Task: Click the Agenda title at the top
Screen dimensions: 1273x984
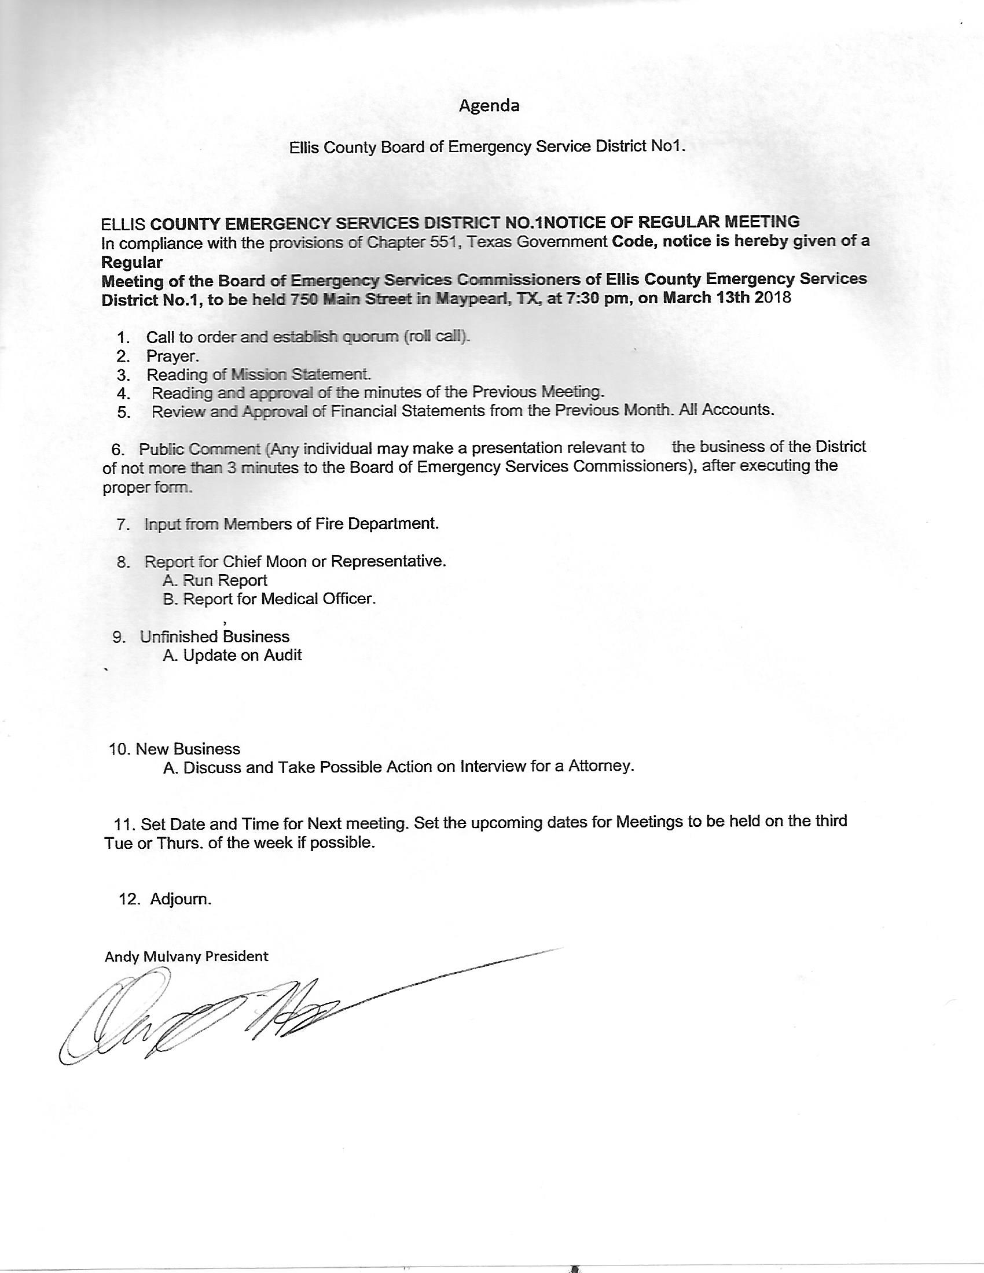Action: point(489,105)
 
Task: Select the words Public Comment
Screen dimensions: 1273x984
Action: point(199,449)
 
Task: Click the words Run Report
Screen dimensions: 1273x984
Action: point(225,580)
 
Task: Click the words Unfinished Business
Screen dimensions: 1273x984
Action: point(215,636)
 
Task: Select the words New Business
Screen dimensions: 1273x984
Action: point(188,749)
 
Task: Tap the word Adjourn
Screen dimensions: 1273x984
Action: point(181,899)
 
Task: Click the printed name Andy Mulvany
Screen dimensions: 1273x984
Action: point(157,956)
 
